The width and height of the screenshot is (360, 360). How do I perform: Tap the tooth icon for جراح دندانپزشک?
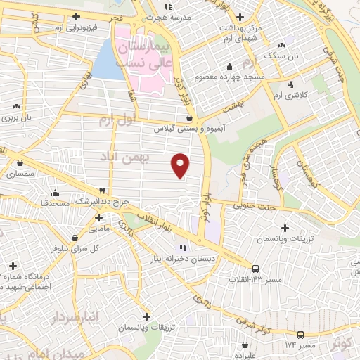coord(103,191)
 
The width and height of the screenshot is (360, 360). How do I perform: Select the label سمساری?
coord(20,173)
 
